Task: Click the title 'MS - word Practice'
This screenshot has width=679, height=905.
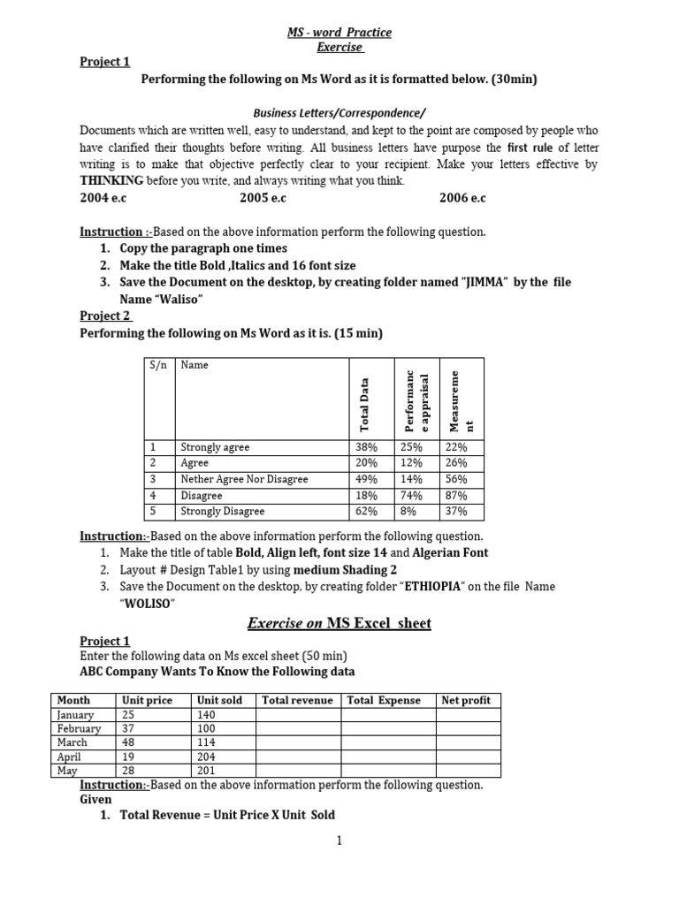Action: tap(339, 33)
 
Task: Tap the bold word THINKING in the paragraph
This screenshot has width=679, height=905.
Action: tap(111, 180)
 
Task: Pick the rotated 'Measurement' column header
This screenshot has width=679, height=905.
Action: tap(462, 399)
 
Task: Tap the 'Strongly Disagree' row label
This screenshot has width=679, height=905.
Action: tap(222, 512)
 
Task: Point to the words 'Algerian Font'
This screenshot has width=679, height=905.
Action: tap(451, 552)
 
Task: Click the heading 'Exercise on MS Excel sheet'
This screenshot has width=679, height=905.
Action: tap(339, 624)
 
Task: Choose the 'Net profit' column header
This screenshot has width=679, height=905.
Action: tap(466, 700)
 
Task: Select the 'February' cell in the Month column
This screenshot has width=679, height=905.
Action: tap(79, 728)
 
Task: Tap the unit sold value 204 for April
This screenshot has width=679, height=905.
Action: tap(207, 757)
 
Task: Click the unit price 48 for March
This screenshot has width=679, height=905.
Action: tap(129, 742)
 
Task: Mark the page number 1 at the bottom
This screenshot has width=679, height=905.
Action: tap(339, 840)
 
